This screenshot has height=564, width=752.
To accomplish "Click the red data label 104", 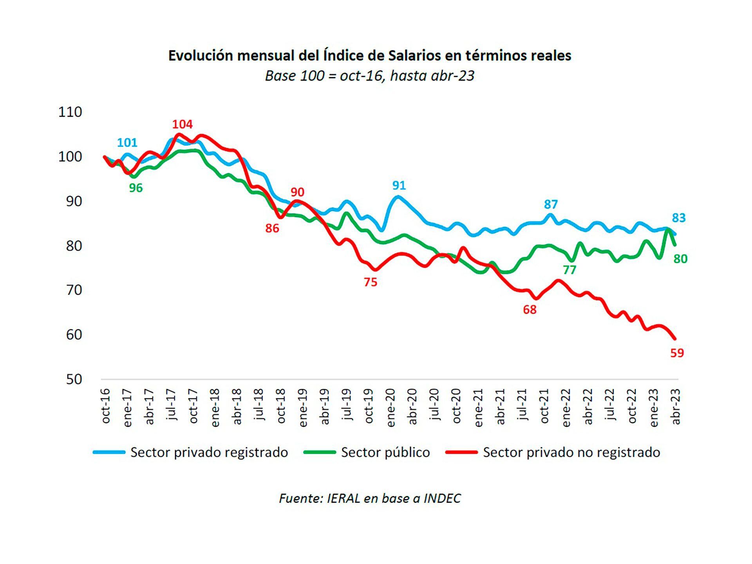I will pos(183,125).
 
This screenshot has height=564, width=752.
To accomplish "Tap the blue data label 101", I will pos(127,143).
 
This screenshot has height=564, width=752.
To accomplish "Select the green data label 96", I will pos(136,188).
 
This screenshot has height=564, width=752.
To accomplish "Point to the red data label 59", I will pos(677,353).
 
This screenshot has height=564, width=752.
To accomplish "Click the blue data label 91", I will pos(399,185).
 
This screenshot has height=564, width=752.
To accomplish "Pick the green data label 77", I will pos(569,270).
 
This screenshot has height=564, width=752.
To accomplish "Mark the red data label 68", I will pos(530,310).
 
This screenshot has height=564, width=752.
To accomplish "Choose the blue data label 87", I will pos(551,204).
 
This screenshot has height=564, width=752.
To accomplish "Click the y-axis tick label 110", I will pos(70,112).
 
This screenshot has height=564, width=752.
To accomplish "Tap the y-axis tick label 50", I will pos(74,380).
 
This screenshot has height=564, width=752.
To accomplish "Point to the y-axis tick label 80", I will pos(74,246).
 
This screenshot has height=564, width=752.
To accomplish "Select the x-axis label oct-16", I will pos(106,406).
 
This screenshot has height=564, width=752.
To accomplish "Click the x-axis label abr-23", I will pos(676,407).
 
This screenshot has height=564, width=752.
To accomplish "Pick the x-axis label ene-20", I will pos(391,407).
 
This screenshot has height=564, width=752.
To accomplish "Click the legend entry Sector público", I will pos(385,452).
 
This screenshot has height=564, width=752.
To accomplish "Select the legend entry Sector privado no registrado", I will pos(571,452).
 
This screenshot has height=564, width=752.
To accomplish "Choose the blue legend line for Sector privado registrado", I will pos(109,452).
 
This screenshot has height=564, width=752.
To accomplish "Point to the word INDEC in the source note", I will pos(442,498).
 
